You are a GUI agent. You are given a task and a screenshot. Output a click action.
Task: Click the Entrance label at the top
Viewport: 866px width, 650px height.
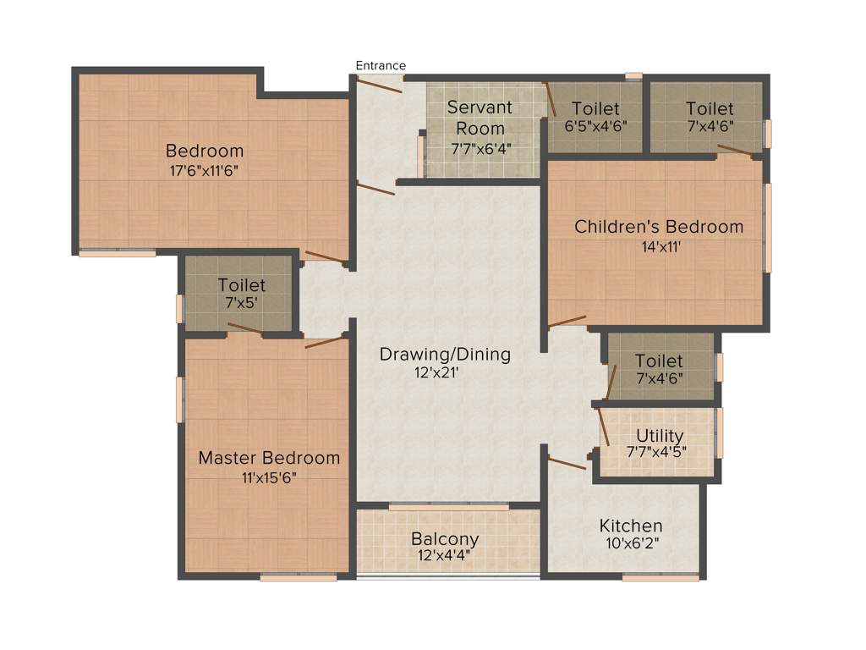381,65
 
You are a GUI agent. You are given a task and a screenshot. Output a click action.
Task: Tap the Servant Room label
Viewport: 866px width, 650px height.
480,118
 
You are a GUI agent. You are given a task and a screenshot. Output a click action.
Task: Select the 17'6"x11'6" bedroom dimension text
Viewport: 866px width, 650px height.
205,170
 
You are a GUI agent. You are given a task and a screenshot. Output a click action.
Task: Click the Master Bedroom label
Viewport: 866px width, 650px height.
269,458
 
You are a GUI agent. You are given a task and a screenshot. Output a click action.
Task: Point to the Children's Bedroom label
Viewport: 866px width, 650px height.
659,227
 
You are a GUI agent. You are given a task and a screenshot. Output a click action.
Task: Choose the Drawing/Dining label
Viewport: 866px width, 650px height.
445,354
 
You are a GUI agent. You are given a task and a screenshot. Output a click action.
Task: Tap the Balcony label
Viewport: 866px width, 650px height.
445,539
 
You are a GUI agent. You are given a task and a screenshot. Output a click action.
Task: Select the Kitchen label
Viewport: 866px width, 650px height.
631,526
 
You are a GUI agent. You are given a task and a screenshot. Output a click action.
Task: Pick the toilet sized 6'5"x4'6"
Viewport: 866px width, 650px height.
595,116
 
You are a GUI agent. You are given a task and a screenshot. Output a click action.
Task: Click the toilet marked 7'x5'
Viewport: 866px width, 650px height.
241,294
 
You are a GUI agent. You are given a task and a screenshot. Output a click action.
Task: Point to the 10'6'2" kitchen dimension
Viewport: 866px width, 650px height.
631,544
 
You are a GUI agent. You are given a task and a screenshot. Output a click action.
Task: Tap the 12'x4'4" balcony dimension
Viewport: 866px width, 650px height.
445,557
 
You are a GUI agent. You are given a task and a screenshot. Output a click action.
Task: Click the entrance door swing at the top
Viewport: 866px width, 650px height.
379,85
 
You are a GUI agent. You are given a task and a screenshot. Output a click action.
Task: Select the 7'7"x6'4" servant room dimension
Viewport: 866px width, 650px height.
480,149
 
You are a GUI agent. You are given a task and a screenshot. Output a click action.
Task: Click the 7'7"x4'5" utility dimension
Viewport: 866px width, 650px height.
656,452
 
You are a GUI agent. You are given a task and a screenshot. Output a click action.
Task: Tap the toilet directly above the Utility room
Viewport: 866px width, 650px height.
659,369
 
